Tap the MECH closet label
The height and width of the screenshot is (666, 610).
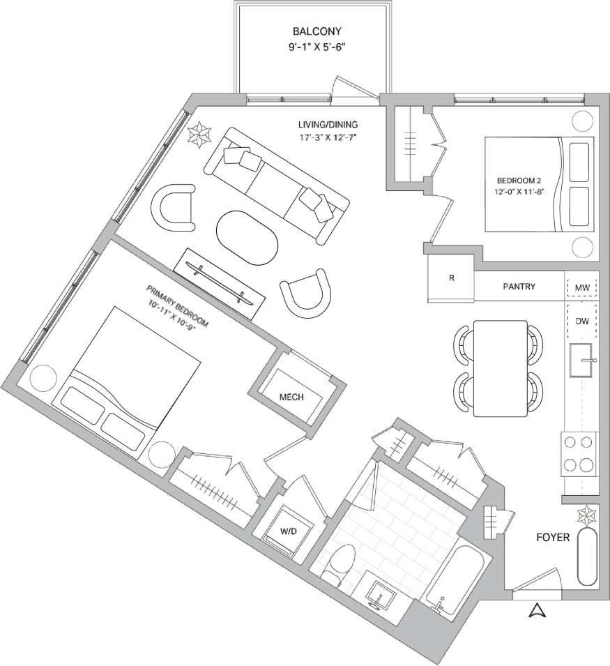tap(291, 397)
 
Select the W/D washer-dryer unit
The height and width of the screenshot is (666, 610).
tap(288, 532)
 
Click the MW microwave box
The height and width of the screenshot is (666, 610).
tap(581, 287)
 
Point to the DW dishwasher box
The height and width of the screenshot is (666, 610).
tap(581, 321)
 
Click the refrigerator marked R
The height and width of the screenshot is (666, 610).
tap(451, 278)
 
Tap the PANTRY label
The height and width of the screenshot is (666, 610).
tap(519, 287)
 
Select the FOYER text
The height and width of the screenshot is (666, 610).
tap(553, 538)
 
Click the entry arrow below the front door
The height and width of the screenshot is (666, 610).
tap(535, 612)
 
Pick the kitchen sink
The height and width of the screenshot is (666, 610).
tap(581, 361)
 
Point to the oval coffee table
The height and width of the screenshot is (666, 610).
tap(247, 237)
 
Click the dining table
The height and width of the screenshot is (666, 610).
tap(500, 368)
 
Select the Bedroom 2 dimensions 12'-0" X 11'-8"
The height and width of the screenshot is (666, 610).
tap(519, 190)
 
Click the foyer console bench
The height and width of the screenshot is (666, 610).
tap(587, 557)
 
